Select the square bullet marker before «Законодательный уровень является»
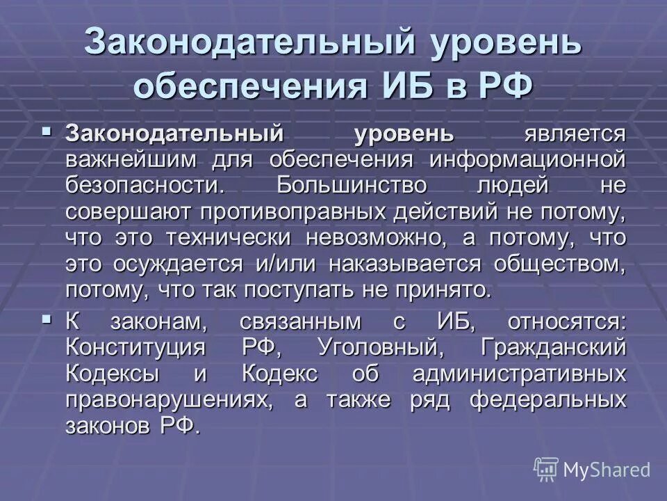click(x=47, y=130)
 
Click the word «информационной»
click(x=527, y=159)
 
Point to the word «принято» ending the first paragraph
click(x=444, y=290)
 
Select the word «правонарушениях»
click(x=159, y=399)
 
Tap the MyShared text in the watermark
click(x=607, y=470)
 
